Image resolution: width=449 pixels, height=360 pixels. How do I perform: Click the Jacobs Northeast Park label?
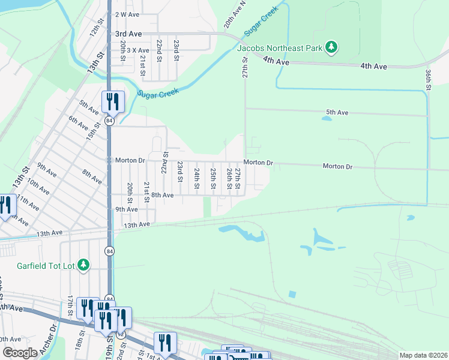[280, 47]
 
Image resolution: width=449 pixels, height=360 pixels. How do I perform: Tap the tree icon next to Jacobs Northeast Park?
[331, 47]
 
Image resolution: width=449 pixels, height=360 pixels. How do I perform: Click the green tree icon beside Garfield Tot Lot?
[85, 265]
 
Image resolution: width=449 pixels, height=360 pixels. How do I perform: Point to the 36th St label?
[429, 79]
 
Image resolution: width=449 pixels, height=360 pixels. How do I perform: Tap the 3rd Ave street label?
[128, 35]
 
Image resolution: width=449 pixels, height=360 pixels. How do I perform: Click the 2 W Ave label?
[127, 14]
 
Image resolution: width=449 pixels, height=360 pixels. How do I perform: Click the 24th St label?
[197, 176]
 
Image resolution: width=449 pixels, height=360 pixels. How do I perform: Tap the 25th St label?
[213, 176]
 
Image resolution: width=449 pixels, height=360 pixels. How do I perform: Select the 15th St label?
[94, 132]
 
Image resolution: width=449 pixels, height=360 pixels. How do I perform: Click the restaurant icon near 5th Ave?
[113, 101]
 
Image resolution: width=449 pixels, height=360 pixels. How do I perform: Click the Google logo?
[19, 353]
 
